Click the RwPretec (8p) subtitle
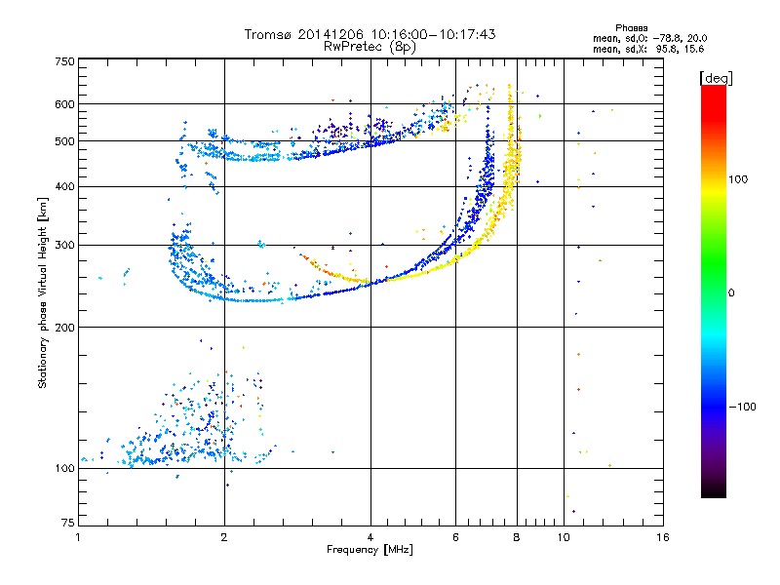tap(370, 47)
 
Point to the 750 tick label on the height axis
tap(64, 61)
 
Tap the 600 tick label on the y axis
tap(64, 104)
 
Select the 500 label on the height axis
tap(64, 141)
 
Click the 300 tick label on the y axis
tap(64, 245)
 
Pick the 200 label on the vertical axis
tap(64, 327)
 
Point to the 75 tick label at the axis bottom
tap(68, 523)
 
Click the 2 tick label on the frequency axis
tap(224, 537)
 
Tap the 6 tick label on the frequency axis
tap(455, 537)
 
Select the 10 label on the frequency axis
tap(564, 537)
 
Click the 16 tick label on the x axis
tap(663, 537)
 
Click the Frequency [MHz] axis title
tap(370, 550)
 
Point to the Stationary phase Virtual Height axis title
tap(42, 293)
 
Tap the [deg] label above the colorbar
tap(716, 78)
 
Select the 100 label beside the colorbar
tap(738, 179)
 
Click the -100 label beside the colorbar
tap(742, 407)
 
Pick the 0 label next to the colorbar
tap(731, 292)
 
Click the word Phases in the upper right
tap(631, 28)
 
